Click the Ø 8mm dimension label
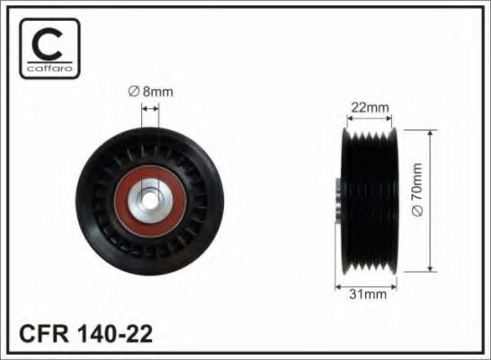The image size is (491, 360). click(151, 90)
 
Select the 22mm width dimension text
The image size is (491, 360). click(370, 109)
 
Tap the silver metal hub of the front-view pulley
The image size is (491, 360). click(150, 184)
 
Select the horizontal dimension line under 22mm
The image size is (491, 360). click(370, 120)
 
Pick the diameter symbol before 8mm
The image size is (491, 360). click(132, 90)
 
